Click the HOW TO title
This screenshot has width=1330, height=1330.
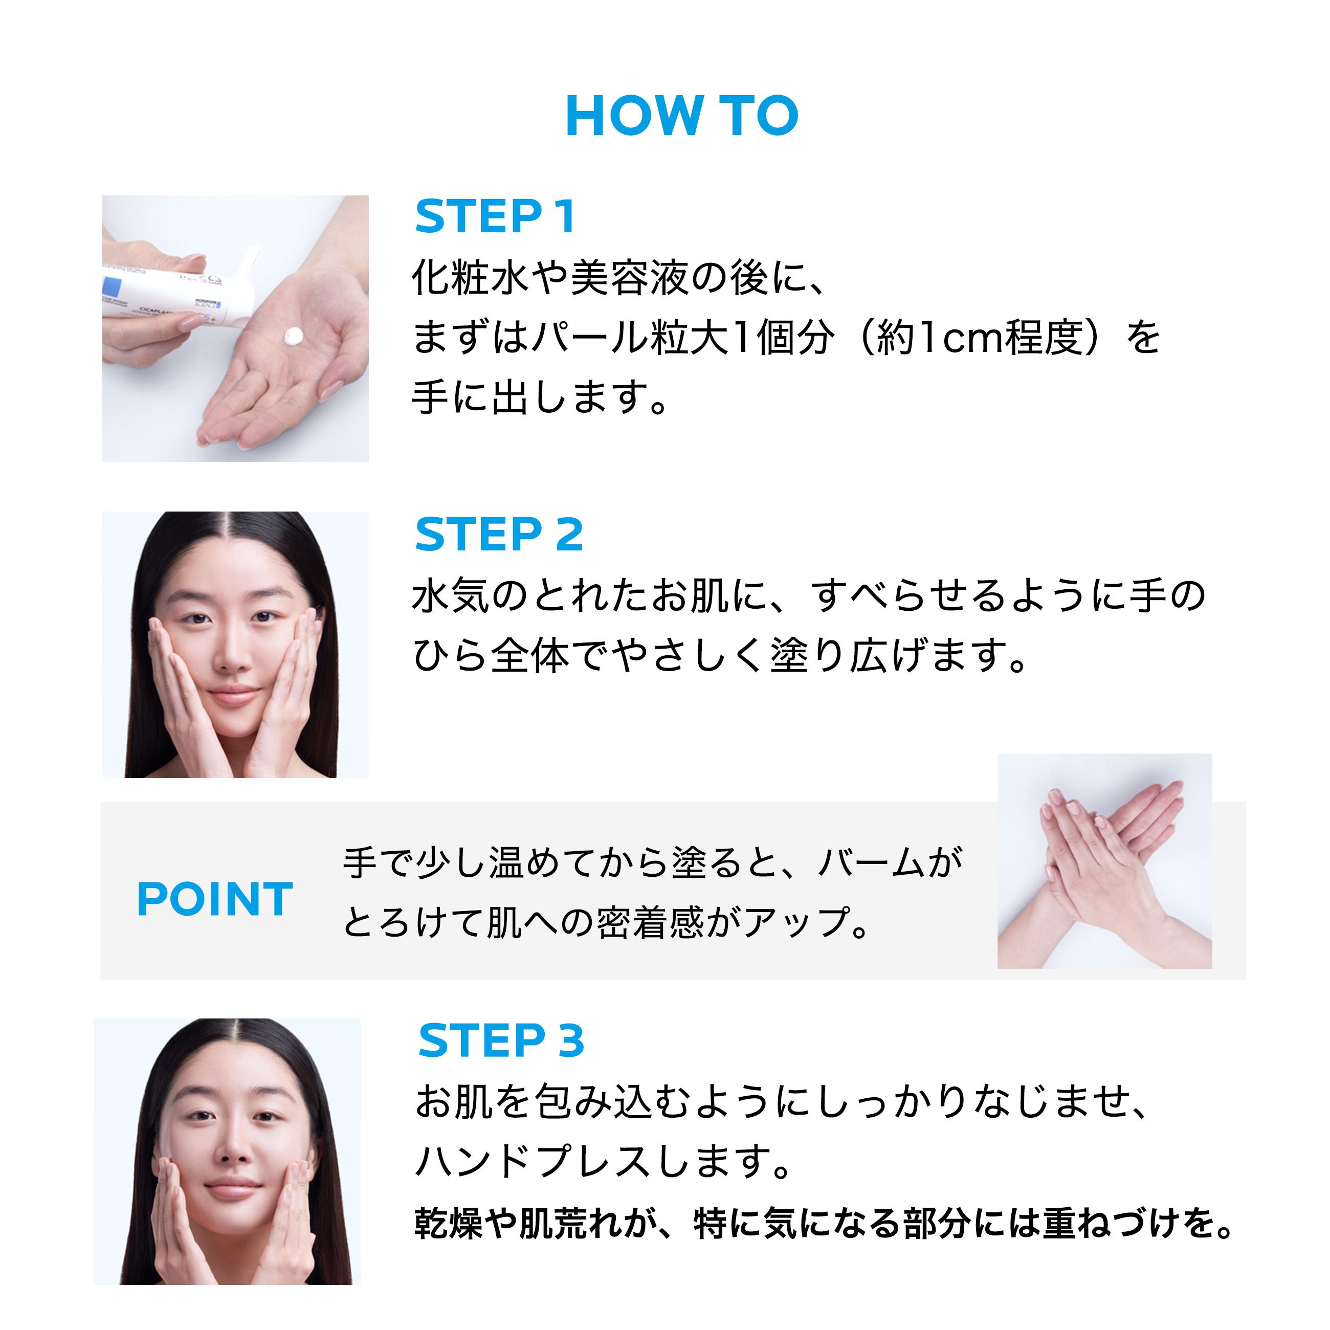pyautogui.click(x=681, y=116)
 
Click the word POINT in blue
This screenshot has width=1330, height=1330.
pyautogui.click(x=215, y=899)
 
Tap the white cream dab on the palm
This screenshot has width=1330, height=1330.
pyautogui.click(x=293, y=336)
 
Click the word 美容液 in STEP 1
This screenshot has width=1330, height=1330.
pyautogui.click(x=629, y=278)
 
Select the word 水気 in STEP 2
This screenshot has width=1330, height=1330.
pyautogui.click(x=451, y=595)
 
